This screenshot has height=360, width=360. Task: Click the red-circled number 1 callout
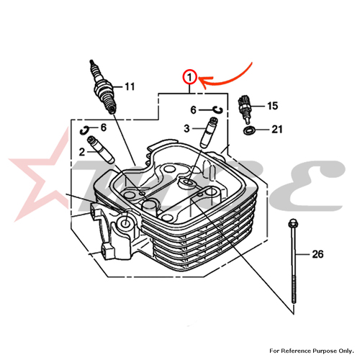pyautogui.click(x=189, y=77)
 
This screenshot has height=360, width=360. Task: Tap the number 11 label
pyautogui.click(x=130, y=86)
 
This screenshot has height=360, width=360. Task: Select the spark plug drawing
pyautogui.click(x=104, y=87)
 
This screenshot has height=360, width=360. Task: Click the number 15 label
pyautogui.click(x=273, y=106)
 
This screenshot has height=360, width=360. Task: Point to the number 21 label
pyautogui.click(x=277, y=130)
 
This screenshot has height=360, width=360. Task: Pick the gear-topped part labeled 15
pyautogui.click(x=245, y=109)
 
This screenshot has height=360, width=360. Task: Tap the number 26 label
pyautogui.click(x=318, y=254)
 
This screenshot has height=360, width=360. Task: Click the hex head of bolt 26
pyautogui.click(x=293, y=224)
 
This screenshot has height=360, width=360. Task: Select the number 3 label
pyautogui.click(x=186, y=129)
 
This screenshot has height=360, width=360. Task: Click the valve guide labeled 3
pyautogui.click(x=209, y=132)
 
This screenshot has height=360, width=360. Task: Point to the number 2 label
pyautogui.click(x=82, y=152)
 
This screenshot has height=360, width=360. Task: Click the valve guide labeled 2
pyautogui.click(x=100, y=150)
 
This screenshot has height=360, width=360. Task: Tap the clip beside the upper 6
pyautogui.click(x=218, y=109)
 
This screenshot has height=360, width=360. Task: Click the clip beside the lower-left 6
pyautogui.click(x=84, y=130)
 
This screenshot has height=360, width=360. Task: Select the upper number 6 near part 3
pyautogui.click(x=194, y=110)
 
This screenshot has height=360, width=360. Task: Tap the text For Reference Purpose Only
pyautogui.click(x=311, y=351)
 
